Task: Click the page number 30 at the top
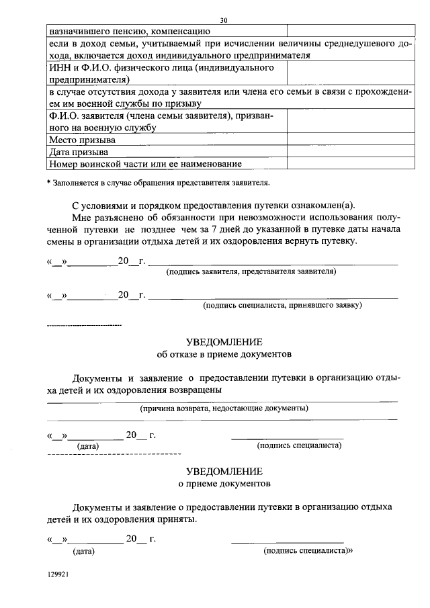click(223, 20)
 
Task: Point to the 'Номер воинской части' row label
click(145, 163)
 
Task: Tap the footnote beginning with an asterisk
click(158, 183)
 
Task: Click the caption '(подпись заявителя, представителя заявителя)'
click(251, 271)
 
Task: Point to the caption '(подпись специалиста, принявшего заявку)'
click(283, 305)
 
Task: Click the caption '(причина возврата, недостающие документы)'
click(224, 408)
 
